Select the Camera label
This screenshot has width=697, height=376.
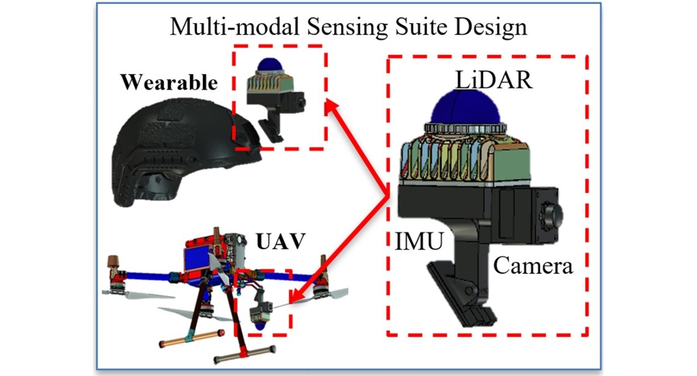coord(532,265)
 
